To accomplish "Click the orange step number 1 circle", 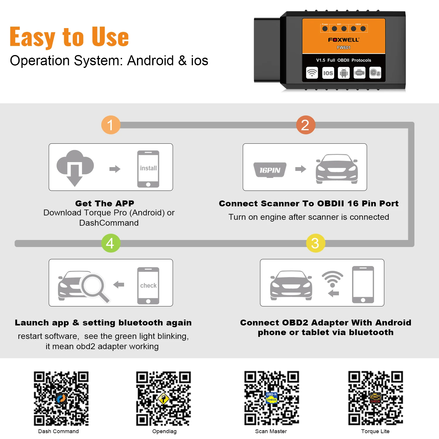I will pos(111,125).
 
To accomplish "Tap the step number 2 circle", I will pos(306,125).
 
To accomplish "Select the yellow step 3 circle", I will pos(315,243).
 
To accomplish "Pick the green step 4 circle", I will pos(111,243).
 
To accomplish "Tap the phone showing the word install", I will pos(148,169).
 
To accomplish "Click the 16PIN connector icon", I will pos(270,170).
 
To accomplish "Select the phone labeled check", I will pos(148,286).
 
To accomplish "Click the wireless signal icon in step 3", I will pos(332,278).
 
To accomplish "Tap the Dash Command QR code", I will pos(61,398).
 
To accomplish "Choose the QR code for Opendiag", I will pos(164,398).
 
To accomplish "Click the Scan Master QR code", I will pos(272,398).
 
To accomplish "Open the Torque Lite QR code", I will pos(375,398).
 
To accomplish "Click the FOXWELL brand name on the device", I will pos(344,40).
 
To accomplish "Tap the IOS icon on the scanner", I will pos(328,73).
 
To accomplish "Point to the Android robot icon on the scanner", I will pos(344,73).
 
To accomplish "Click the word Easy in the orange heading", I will pos(32,37).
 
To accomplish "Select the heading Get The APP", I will pos(105,203).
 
